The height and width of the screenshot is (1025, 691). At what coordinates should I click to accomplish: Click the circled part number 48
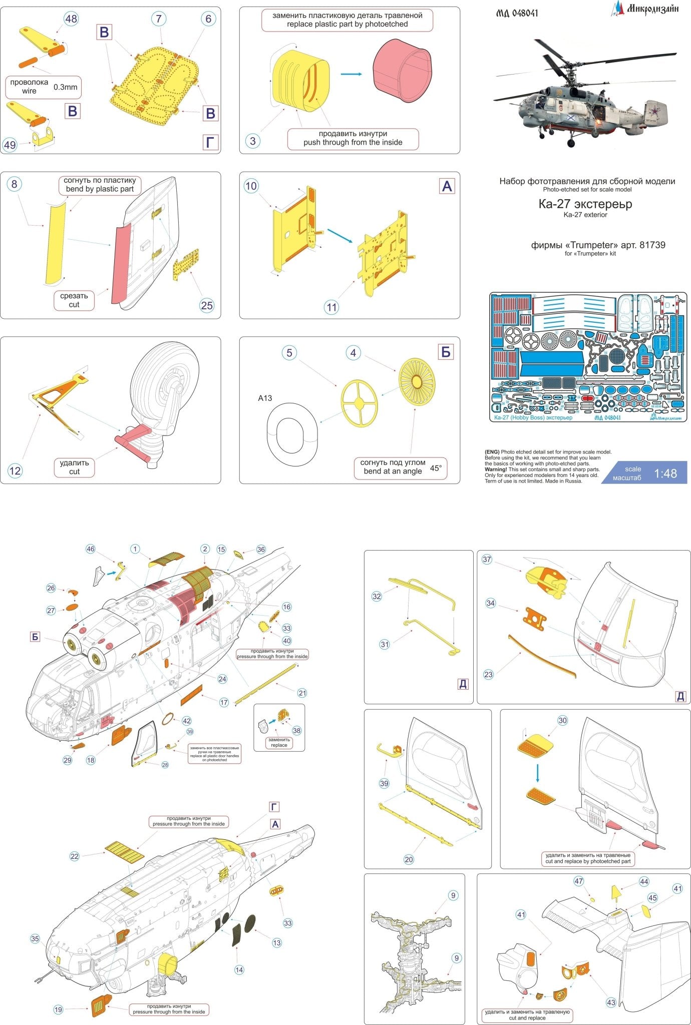point(72,19)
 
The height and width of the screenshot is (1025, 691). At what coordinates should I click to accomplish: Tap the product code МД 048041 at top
point(517,14)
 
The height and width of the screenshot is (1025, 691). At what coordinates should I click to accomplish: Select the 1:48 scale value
point(665,473)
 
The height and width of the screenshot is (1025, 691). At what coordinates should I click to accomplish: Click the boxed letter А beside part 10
point(447,187)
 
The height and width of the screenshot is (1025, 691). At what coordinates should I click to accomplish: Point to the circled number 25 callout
point(206,305)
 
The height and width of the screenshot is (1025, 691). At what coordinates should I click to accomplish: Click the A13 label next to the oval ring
point(265,398)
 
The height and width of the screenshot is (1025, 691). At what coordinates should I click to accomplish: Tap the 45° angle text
point(436,468)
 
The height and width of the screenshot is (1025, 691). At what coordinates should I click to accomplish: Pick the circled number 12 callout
point(15,470)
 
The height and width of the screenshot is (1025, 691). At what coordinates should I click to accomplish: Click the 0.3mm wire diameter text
point(66,87)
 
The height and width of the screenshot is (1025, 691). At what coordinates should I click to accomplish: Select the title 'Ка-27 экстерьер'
point(585,204)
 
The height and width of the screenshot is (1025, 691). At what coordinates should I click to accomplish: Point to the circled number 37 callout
point(487,560)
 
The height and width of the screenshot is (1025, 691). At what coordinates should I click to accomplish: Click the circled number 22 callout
point(75,856)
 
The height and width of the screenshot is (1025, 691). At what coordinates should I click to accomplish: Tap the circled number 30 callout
point(562,720)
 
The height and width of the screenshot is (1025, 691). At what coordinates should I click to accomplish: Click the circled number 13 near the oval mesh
point(276,942)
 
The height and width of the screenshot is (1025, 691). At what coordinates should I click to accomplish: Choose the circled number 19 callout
point(58,1009)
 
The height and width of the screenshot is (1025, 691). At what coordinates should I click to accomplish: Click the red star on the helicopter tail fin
point(653,110)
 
